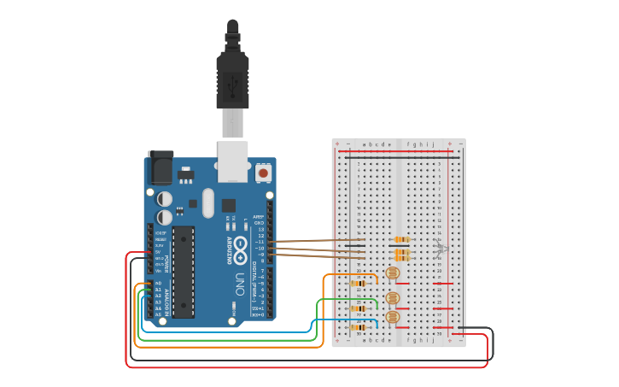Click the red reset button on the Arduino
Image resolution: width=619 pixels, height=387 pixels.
tap(263, 173)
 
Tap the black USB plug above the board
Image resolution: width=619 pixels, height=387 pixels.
tap(232, 77)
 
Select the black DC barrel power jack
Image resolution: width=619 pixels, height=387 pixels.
tap(160, 168)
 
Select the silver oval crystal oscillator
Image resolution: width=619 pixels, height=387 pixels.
tap(207, 203)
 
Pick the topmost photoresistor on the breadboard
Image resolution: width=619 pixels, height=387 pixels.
tap(393, 273)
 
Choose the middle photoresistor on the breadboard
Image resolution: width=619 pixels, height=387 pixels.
tap(393, 298)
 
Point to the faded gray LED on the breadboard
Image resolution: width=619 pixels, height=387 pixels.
tap(441, 249)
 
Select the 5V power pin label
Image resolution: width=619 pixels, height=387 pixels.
tap(157, 252)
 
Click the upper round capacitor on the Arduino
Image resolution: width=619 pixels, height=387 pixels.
tap(166, 198)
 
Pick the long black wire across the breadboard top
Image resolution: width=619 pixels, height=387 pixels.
tap(397, 158)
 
